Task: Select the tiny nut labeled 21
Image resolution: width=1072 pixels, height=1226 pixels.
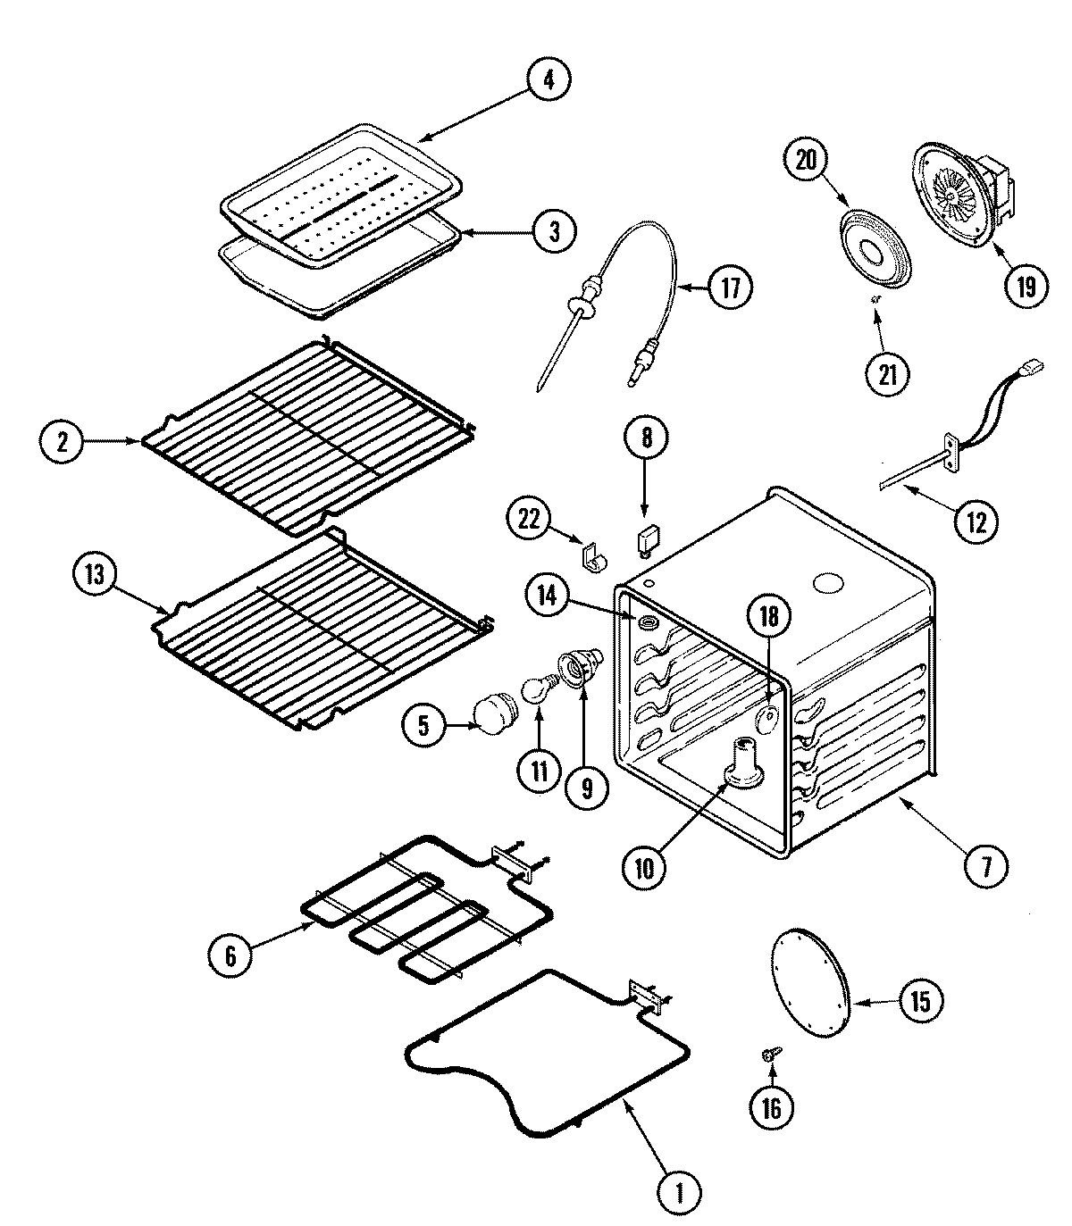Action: (x=877, y=299)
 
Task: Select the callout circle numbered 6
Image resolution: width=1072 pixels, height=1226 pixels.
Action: (x=230, y=957)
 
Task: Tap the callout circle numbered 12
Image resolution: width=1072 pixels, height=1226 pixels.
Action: (x=975, y=521)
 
